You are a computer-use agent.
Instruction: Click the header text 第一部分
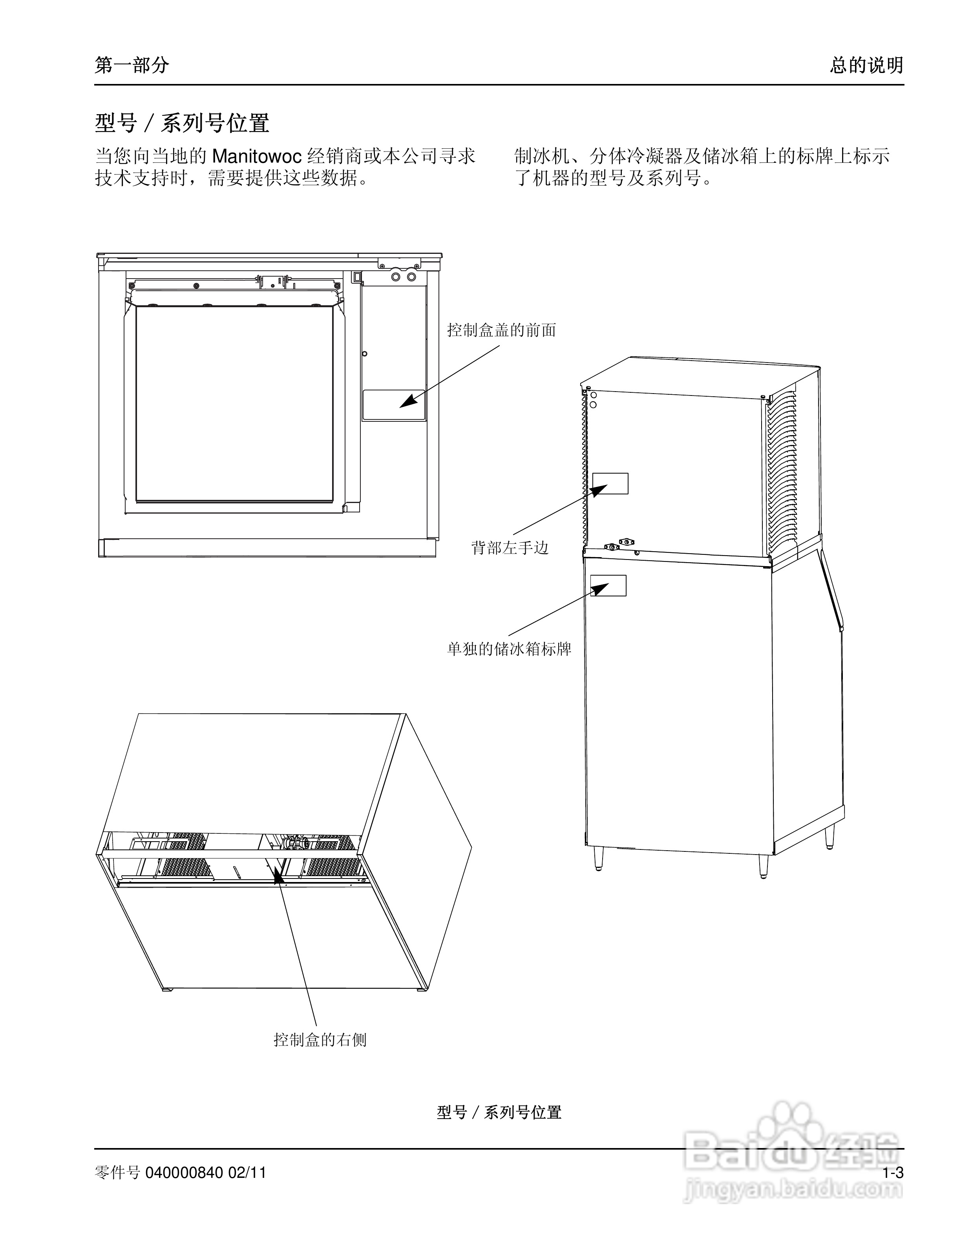point(132,66)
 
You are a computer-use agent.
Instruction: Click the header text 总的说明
point(866,66)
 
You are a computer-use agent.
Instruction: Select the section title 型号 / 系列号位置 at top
point(182,122)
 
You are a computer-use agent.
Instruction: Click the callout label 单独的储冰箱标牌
point(509,649)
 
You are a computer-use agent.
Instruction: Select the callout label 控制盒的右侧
point(320,1040)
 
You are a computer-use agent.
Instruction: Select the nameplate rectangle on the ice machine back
point(610,483)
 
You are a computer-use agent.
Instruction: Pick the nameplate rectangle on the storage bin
point(608,585)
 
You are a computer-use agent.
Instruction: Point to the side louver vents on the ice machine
point(783,467)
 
